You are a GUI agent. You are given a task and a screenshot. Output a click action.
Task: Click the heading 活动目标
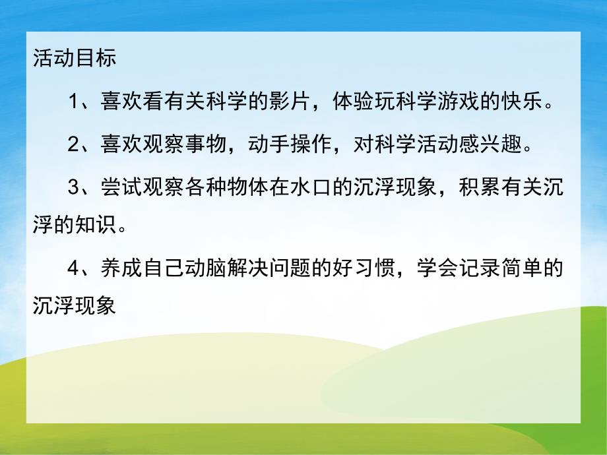(x=74, y=59)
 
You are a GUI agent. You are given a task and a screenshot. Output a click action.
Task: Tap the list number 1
(x=74, y=103)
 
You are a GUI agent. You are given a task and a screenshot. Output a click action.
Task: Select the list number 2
(x=74, y=144)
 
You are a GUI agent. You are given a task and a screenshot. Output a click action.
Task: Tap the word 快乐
(x=525, y=103)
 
